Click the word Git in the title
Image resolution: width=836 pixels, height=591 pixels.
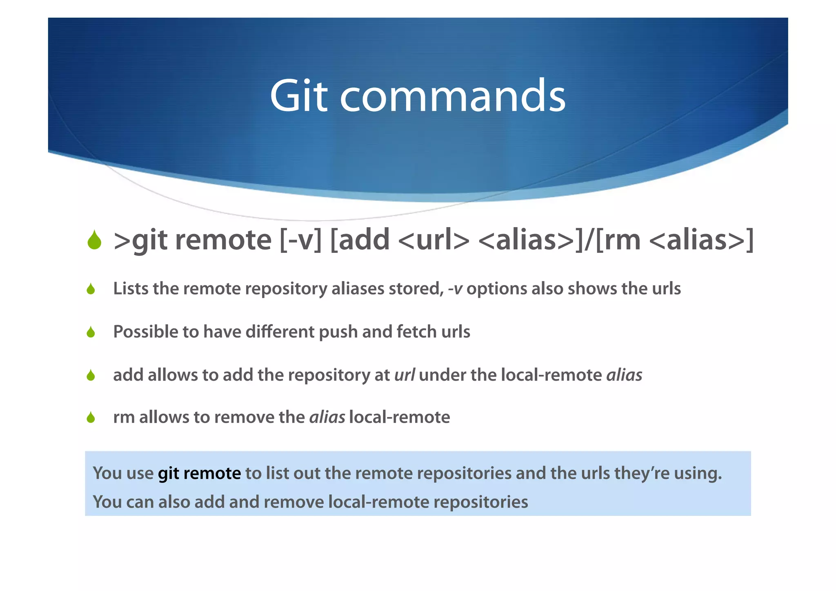tap(298, 96)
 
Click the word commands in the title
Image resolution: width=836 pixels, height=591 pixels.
tap(452, 96)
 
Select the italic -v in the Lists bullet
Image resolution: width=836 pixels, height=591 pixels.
tap(455, 289)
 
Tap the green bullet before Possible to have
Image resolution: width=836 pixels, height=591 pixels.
tap(91, 332)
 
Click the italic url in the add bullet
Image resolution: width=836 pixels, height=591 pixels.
tap(404, 375)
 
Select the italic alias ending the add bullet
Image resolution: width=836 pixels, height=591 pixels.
tap(624, 375)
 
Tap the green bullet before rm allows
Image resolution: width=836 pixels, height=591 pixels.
tap(91, 418)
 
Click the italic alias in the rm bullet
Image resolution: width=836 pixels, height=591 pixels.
tap(327, 417)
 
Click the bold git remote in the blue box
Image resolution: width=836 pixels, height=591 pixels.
tap(199, 473)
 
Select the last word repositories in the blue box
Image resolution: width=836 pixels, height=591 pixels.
tap(480, 502)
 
